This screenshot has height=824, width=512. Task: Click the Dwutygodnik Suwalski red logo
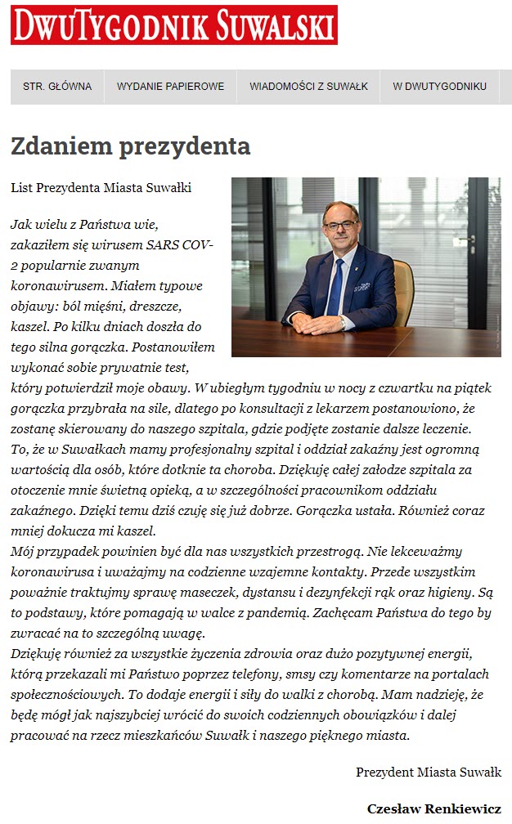point(173,25)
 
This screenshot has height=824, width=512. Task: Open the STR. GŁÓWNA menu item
point(57,87)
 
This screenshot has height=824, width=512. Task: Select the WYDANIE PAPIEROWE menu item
point(170,87)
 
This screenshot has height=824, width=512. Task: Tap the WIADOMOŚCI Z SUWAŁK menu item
point(308,87)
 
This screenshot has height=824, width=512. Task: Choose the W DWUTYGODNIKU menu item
point(439,87)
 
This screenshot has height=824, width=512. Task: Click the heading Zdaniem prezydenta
point(130,146)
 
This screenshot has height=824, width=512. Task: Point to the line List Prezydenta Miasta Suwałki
point(101,188)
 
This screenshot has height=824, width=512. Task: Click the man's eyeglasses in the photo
point(339,224)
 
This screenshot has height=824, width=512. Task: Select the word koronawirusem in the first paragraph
point(56,287)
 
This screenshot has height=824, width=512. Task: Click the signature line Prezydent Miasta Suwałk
point(428,772)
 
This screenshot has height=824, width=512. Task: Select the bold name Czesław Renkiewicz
point(433,808)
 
